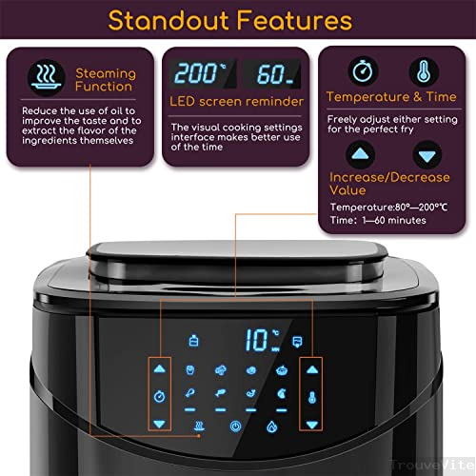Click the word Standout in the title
[169, 21]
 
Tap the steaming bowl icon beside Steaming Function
[47, 78]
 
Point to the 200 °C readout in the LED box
[201, 73]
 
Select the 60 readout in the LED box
[274, 74]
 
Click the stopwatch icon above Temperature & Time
[363, 71]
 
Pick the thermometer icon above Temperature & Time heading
[424, 71]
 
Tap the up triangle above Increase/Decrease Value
[360, 154]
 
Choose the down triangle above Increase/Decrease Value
[427, 155]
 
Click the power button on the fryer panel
[235, 426]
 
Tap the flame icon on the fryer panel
[272, 426]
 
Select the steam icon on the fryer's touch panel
[199, 426]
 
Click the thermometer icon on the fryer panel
[312, 397]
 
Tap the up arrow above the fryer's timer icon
[159, 368]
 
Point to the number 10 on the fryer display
[257, 340]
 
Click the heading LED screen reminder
[236, 102]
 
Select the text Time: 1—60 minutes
[378, 220]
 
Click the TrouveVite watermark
[432, 465]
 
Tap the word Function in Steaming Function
[104, 87]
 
